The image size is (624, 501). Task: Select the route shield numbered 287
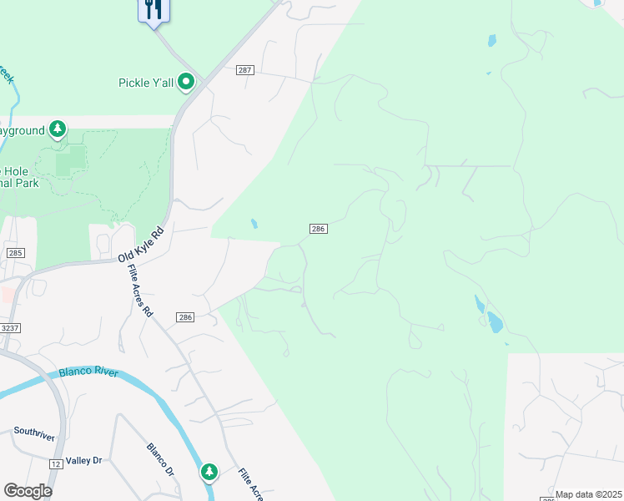[244, 70]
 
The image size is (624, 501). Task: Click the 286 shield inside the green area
[317, 228]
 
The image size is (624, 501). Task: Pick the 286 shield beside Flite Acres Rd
[185, 317]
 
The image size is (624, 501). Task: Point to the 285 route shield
[15, 252]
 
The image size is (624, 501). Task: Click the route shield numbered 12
[56, 463]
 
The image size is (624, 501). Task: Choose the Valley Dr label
[83, 460]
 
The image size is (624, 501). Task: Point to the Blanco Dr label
[159, 459]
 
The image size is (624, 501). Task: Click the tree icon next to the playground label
[58, 129]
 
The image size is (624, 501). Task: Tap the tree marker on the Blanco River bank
[209, 473]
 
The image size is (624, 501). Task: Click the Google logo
[28, 491]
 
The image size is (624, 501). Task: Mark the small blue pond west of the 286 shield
[254, 224]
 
